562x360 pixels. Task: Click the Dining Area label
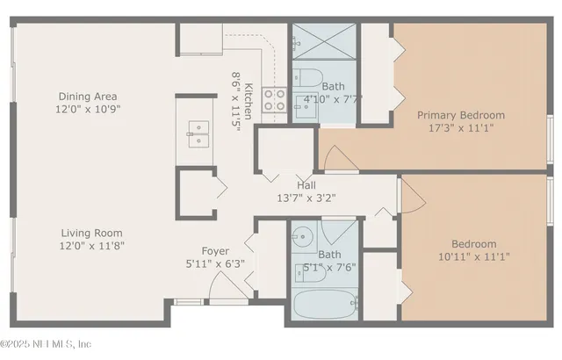coord(88,97)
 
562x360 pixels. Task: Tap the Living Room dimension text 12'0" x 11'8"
coord(90,247)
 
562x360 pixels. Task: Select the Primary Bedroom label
coord(460,115)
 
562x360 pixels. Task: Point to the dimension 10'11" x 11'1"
coord(474,256)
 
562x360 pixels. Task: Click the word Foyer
coord(215,249)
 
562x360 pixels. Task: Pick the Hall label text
coord(306,185)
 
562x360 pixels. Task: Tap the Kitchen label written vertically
coord(249,101)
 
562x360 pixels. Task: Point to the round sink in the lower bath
coord(303,237)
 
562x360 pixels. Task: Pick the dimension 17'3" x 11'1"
coord(460,128)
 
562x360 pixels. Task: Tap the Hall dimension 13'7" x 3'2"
coord(306,198)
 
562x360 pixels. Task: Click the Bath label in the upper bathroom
coord(333,87)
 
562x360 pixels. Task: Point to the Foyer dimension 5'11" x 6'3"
coord(215,262)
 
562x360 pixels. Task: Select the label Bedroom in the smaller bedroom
coord(474,244)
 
